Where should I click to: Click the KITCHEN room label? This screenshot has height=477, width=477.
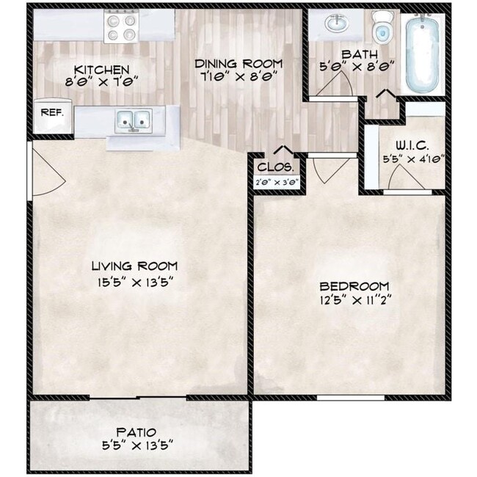(101, 70)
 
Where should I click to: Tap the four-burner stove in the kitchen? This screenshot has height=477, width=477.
(121, 26)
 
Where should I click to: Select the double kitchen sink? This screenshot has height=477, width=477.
(134, 121)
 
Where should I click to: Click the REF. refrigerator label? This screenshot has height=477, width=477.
(52, 112)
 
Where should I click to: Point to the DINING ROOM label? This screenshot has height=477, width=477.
(238, 64)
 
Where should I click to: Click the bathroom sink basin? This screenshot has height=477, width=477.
(336, 23)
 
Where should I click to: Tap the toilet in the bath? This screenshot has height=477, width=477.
(382, 27)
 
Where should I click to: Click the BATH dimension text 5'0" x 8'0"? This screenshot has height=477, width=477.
(357, 66)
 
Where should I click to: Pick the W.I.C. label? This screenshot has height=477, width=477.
(412, 146)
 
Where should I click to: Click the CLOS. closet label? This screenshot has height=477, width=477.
(276, 167)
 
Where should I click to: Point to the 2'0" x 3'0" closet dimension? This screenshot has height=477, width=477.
(277, 183)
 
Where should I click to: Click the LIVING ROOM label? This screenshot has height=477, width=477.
(134, 266)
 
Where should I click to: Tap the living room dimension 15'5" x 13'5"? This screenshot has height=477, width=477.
(135, 283)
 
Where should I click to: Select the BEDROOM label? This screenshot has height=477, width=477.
(354, 286)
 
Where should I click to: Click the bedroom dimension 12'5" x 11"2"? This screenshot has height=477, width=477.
(354, 301)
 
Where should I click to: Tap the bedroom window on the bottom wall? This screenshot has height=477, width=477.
(351, 397)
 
